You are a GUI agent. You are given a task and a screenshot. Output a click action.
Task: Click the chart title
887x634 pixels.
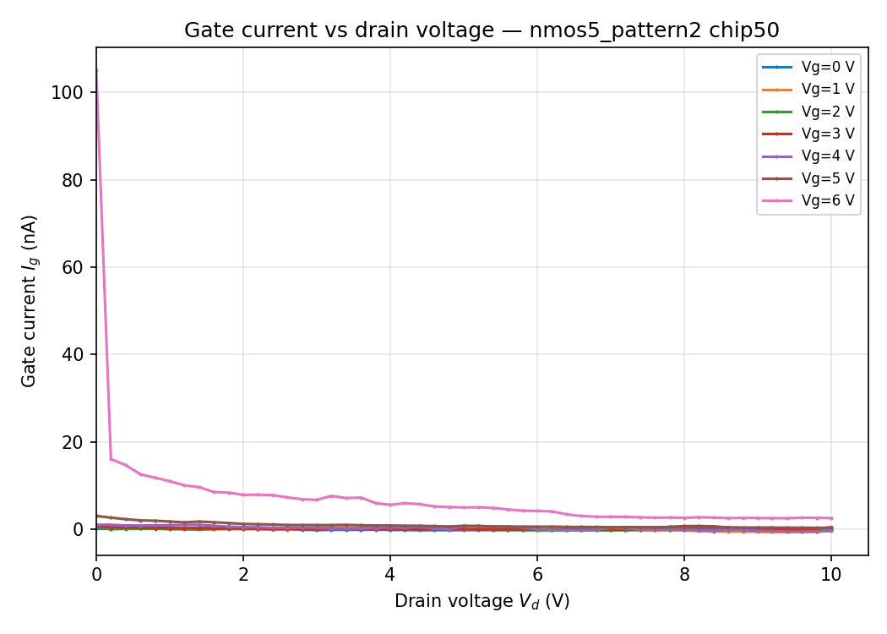482,30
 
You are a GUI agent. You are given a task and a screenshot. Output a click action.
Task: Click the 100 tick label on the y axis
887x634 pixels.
68,93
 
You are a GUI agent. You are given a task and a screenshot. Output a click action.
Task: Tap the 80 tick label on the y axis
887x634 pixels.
73,180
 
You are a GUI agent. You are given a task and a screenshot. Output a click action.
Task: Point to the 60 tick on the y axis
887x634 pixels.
73,267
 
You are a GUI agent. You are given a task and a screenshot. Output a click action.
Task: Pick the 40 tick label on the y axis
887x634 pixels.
73,355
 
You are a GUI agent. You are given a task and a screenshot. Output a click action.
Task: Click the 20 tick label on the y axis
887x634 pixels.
73,442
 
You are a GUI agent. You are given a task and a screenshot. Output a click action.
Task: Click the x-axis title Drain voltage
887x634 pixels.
482,601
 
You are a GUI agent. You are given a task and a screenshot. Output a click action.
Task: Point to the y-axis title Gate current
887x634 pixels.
30,301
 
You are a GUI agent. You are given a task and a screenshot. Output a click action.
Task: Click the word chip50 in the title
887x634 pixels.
747,30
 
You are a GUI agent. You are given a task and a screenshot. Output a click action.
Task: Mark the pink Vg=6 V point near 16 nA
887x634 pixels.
111,459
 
